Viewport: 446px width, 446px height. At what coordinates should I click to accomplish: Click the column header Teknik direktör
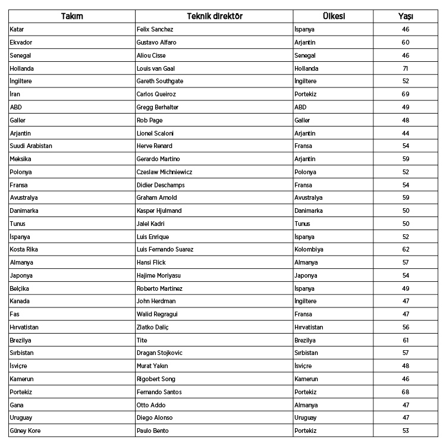tap(214, 16)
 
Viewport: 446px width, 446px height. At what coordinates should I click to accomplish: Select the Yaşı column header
tap(406, 16)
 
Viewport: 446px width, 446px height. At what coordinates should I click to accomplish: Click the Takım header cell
tap(72, 16)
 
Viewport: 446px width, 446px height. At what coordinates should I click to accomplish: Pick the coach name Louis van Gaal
tap(156, 68)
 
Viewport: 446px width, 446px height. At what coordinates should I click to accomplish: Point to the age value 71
tap(406, 68)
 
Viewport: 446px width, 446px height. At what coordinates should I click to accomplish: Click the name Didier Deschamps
tap(161, 185)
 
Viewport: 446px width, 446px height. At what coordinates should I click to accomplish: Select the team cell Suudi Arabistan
tap(32, 146)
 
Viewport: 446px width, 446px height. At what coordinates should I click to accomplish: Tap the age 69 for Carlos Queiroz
tap(406, 94)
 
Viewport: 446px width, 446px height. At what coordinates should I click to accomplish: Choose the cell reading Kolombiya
tap(310, 249)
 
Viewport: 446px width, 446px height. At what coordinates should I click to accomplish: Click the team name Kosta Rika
tap(24, 249)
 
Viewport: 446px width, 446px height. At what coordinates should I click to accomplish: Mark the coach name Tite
tap(142, 340)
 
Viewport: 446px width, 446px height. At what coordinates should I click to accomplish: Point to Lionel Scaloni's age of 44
tap(406, 133)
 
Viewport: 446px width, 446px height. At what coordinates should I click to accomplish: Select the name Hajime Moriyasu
tap(159, 275)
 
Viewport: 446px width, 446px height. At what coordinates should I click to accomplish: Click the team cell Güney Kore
tap(26, 431)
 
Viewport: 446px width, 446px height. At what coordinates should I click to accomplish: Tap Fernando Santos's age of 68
tap(406, 392)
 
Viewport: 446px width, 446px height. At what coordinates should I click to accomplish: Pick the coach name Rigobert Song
tap(156, 379)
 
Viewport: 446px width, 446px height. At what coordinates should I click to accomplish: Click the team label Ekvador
tap(21, 42)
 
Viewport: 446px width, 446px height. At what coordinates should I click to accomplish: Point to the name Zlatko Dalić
tap(154, 327)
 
